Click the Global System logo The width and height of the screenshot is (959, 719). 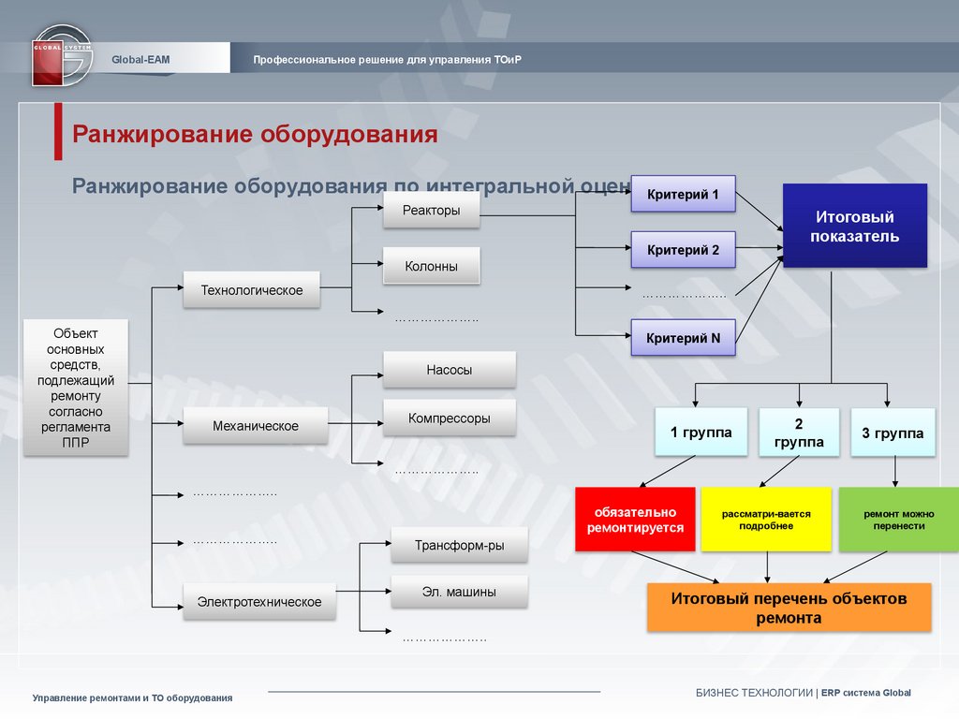pos(62,55)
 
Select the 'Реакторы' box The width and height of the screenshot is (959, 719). pos(432,211)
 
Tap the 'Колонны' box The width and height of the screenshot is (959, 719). pos(432,266)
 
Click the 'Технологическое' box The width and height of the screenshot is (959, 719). pos(252,290)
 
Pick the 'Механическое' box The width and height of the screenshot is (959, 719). pos(256,426)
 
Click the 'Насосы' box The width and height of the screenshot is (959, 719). pos(450,370)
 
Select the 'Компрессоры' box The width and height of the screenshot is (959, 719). pos(450,418)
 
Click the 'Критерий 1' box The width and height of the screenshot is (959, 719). pos(683,195)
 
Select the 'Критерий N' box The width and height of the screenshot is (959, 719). pos(683,338)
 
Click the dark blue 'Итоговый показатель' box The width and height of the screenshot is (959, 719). pos(854,227)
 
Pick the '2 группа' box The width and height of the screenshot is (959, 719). pos(799,433)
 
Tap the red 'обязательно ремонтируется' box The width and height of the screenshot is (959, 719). pos(636,520)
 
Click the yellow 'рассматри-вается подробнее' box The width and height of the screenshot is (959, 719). pos(766,520)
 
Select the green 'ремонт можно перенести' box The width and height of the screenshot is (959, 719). pos(893,520)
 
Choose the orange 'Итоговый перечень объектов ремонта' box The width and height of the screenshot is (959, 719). pos(789,608)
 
